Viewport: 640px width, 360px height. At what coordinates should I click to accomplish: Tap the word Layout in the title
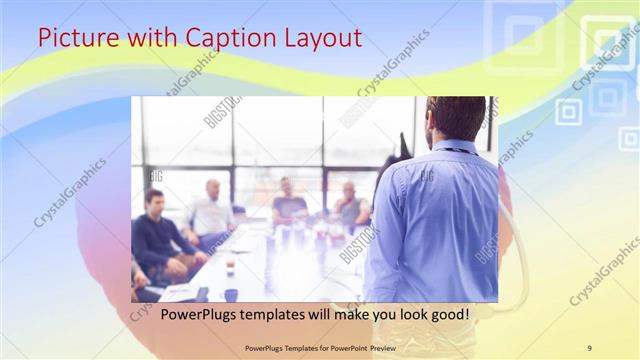click(x=321, y=39)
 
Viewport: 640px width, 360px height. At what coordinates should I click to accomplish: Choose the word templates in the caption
click(x=261, y=315)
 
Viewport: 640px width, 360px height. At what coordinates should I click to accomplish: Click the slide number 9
click(x=589, y=347)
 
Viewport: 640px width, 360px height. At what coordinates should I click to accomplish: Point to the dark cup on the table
click(x=231, y=294)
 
